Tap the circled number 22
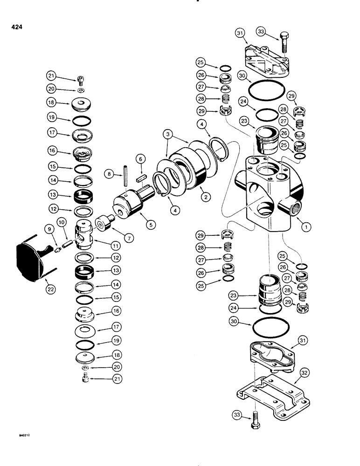tap(50, 289)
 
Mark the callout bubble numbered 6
tap(139, 159)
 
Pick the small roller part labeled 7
tap(104, 223)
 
